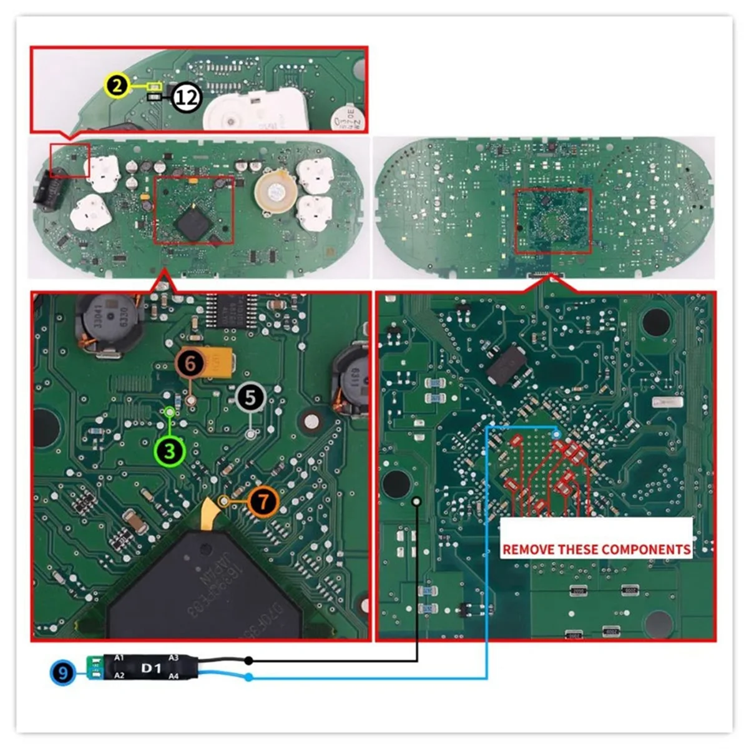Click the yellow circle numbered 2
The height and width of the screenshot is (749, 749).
pyautogui.click(x=116, y=86)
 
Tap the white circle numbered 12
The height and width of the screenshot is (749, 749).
pyautogui.click(x=186, y=97)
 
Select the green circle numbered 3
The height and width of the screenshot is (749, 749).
pyautogui.click(x=170, y=451)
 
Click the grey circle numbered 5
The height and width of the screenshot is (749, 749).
pyautogui.click(x=251, y=398)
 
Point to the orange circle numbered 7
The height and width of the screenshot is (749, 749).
pyautogui.click(x=263, y=501)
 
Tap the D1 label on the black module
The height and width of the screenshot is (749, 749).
pyautogui.click(x=151, y=668)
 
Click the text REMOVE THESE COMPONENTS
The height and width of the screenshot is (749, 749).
pyautogui.click(x=596, y=549)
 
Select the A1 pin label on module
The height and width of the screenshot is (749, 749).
pyautogui.click(x=119, y=658)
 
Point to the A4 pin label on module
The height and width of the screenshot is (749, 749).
pyautogui.click(x=174, y=676)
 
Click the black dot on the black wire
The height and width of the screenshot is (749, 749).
pyautogui.click(x=248, y=660)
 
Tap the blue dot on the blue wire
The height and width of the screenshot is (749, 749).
pyautogui.click(x=248, y=678)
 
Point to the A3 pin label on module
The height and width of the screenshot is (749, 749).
pyautogui.click(x=174, y=658)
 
